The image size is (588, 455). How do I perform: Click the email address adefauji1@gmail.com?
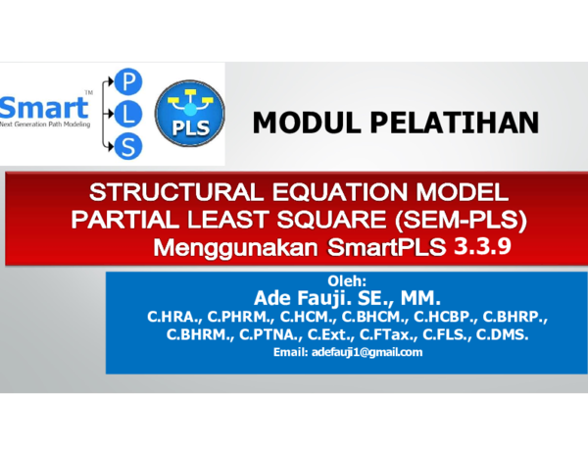pos(347,351)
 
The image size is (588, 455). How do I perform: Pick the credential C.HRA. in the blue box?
pos(172,318)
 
